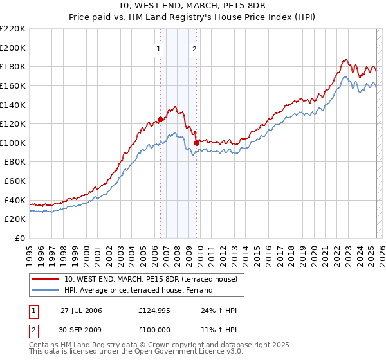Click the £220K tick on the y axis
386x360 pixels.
click(13, 29)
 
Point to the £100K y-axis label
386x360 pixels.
click(13, 143)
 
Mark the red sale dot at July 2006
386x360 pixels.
click(160, 119)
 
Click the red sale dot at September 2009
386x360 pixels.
click(196, 143)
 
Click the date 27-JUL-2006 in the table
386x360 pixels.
click(81, 310)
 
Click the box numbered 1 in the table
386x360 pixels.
click(33, 311)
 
